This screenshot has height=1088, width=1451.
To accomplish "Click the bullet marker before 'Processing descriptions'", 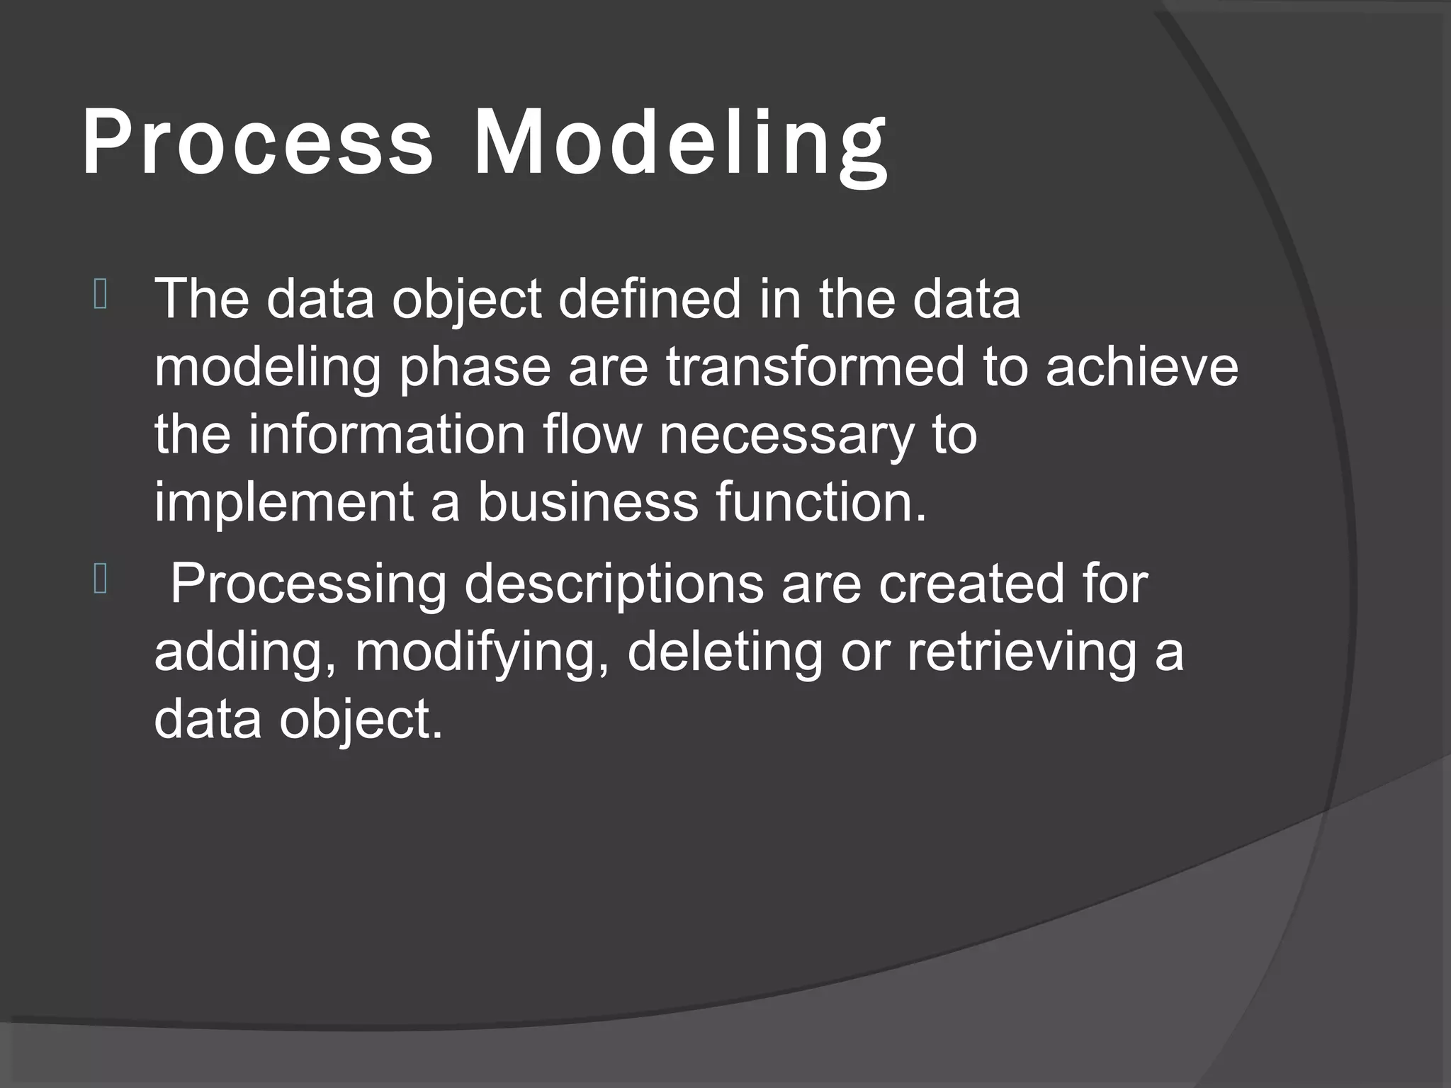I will pyautogui.click(x=100, y=581).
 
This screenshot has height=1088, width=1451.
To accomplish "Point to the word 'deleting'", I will pyautogui.click(x=725, y=653).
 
